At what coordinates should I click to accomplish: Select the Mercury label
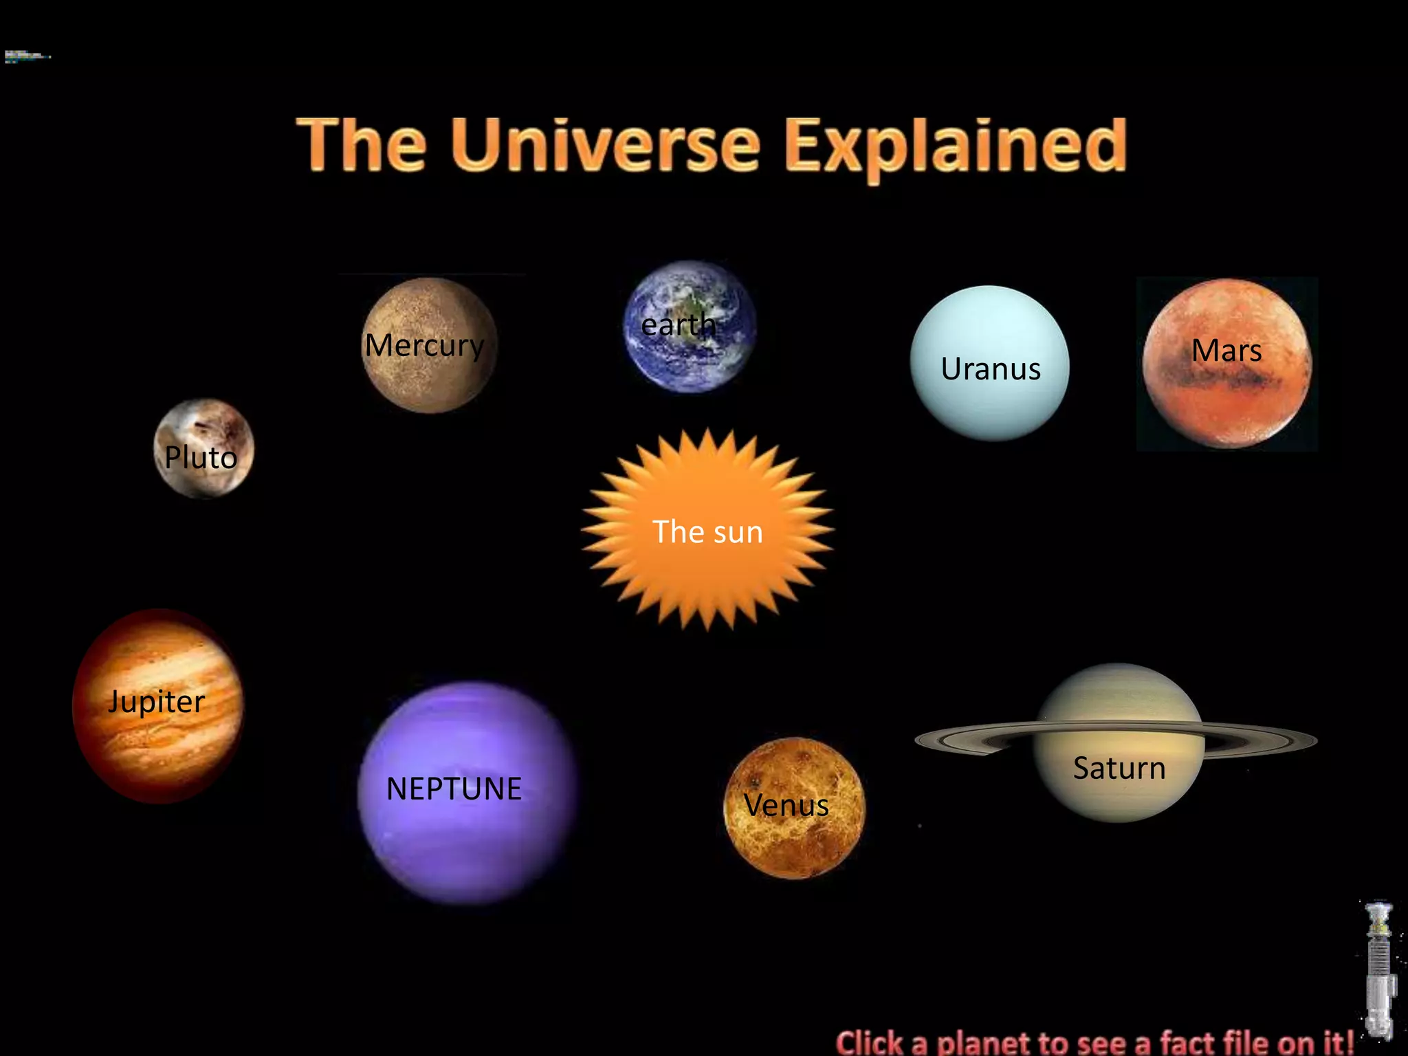tap(424, 345)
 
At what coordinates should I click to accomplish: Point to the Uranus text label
tap(991, 369)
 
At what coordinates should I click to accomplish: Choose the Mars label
tap(1226, 351)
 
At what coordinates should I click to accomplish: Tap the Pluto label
tap(201, 458)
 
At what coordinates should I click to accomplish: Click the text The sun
tap(707, 532)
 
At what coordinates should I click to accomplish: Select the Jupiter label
tap(157, 702)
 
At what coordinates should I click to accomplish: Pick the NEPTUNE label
tap(454, 789)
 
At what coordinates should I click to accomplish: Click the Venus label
tap(786, 805)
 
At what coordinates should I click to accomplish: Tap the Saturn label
tap(1119, 768)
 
